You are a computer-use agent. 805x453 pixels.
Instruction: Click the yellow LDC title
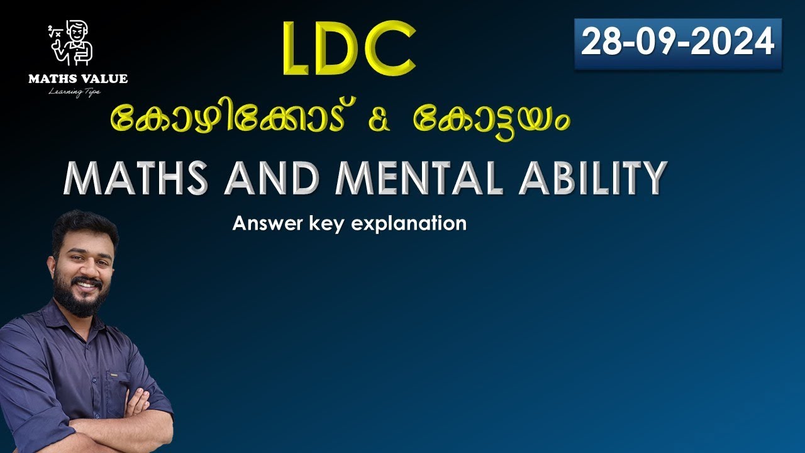[x=348, y=48]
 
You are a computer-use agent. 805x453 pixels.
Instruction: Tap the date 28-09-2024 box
[x=677, y=43]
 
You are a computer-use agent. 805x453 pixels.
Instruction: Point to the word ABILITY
[x=592, y=178]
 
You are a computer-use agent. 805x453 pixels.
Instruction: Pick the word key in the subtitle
[x=322, y=224]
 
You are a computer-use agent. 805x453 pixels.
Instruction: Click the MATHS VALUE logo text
[x=78, y=79]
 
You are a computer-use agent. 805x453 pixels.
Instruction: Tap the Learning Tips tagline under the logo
[x=74, y=92]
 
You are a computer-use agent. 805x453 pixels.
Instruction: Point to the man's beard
[x=82, y=299]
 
